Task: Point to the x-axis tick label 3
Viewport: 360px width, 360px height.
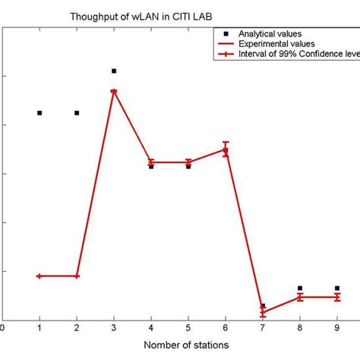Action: [114, 327]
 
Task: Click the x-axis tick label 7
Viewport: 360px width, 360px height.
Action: [263, 327]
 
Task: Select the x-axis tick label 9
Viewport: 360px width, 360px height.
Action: [336, 327]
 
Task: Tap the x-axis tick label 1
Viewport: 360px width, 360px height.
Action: [39, 327]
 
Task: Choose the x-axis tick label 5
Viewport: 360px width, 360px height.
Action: [188, 327]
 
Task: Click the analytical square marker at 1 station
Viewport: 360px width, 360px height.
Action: [39, 112]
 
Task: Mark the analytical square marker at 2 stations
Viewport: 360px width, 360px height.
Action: [77, 112]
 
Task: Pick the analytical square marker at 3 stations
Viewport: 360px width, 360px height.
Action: [114, 71]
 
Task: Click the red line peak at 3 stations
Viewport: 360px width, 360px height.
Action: [114, 91]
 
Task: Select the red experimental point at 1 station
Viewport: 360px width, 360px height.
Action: [39, 276]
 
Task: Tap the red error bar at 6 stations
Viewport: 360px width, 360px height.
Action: [226, 149]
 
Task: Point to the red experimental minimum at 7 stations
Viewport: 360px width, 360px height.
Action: [263, 312]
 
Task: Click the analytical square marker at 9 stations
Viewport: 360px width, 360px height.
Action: [336, 288]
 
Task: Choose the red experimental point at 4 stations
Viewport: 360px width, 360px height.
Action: [151, 162]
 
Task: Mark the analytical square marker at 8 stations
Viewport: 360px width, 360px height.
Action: [300, 288]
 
